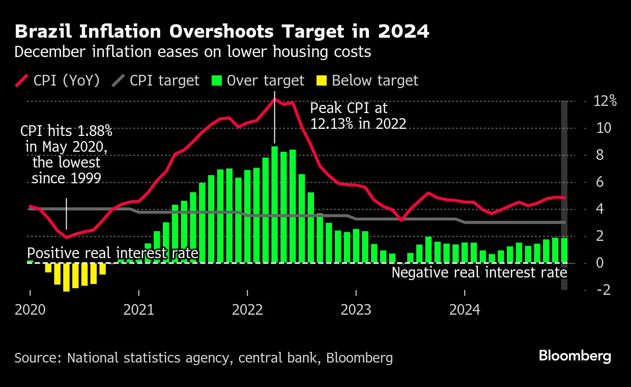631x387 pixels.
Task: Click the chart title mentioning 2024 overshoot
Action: tap(222, 32)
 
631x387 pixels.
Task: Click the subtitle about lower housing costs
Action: tap(192, 52)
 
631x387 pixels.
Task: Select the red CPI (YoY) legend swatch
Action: tap(22, 80)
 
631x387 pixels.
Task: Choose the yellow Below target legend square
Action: tap(322, 80)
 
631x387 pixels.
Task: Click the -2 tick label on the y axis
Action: tap(604, 290)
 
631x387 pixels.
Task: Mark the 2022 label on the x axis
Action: tap(247, 310)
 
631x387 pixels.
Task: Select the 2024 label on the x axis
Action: tap(465, 310)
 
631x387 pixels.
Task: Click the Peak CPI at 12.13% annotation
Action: tap(358, 116)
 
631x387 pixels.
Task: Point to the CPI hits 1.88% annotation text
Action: tap(66, 154)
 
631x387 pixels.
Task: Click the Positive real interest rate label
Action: tap(112, 253)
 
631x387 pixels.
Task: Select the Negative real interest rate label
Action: tap(479, 272)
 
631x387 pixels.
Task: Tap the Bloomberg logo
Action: tap(575, 356)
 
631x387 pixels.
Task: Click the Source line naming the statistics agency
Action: tap(204, 358)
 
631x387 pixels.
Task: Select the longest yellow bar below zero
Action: tap(66, 278)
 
